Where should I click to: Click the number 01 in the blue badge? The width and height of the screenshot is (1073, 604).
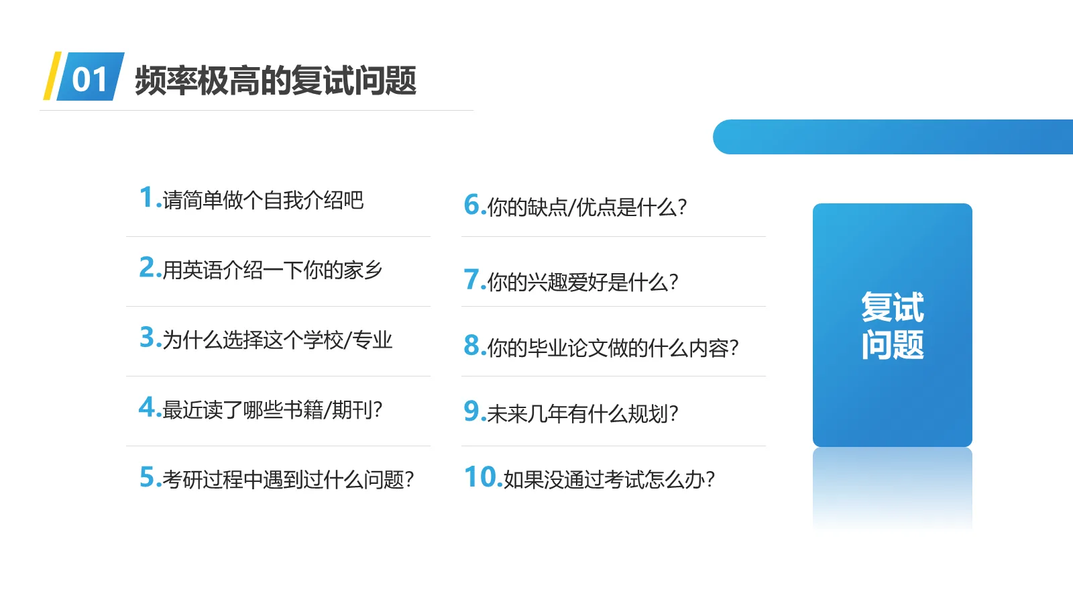90,79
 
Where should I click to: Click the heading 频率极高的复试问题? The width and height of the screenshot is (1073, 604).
276,81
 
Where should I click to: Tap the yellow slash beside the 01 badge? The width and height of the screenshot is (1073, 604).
52,77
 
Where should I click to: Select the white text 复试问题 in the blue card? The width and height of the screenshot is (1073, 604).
892,325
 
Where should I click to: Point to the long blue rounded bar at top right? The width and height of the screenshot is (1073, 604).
892,137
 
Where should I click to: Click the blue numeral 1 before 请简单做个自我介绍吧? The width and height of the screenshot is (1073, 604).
146,197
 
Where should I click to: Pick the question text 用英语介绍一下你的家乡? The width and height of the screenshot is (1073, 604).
272,270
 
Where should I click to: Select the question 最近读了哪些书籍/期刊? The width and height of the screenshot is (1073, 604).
272,409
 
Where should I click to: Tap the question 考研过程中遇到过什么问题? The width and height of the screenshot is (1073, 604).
288,479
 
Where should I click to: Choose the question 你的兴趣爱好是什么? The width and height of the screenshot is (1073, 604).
583,282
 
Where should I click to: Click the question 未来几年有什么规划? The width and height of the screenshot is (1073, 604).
583,413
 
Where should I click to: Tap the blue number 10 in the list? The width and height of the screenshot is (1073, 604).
482,477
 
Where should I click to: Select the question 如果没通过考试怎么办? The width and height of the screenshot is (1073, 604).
609,479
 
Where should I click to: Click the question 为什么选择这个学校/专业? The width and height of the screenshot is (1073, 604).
277,340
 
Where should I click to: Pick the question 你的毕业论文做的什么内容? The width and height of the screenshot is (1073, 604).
613,348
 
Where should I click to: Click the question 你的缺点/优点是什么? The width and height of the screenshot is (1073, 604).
587,207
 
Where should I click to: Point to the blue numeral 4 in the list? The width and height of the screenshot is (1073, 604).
147,407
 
